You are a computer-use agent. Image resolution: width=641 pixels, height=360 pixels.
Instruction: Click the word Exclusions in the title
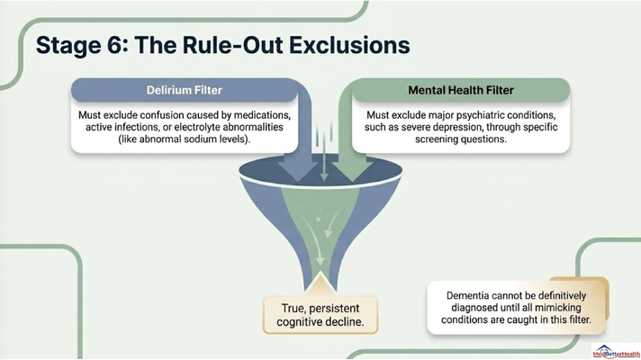pyautogui.click(x=349, y=45)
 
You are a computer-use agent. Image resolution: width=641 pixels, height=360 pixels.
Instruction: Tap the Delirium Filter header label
pyautogui.click(x=185, y=90)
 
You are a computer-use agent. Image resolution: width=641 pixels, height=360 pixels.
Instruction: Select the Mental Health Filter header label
pyautogui.click(x=461, y=90)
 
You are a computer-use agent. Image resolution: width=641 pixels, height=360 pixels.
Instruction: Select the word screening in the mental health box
pyautogui.click(x=437, y=139)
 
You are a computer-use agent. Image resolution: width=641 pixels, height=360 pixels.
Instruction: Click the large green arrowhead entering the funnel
pyautogui.click(x=352, y=171)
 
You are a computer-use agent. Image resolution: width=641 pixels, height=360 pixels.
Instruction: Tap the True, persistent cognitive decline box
pyautogui.click(x=320, y=315)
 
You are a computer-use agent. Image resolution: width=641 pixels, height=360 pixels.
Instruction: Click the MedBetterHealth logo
pyautogui.click(x=616, y=351)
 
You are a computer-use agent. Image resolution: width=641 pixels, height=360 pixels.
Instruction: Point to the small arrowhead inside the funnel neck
pyautogui.click(x=320, y=261)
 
